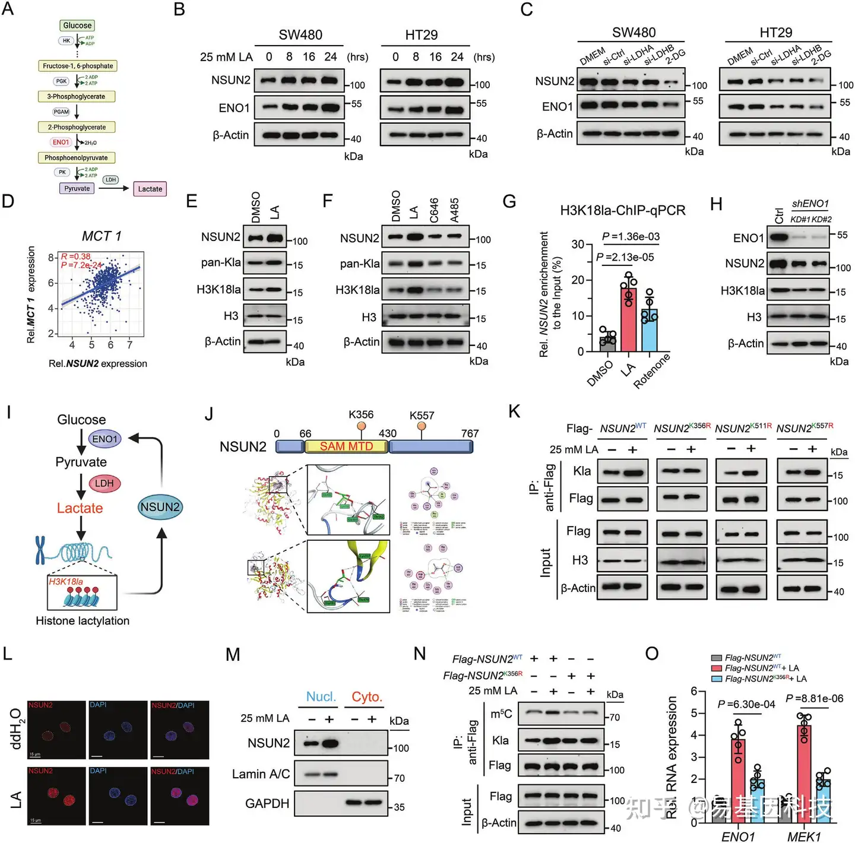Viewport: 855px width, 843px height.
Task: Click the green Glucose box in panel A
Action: pyautogui.click(x=77, y=26)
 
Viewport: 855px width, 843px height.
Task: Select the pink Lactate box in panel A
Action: pyautogui.click(x=150, y=189)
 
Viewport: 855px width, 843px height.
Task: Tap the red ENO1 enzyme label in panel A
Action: pyautogui.click(x=61, y=142)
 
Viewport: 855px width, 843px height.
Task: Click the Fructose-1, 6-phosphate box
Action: pyautogui.click(x=77, y=66)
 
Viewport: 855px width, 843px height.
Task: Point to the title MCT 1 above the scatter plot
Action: pyautogui.click(x=101, y=236)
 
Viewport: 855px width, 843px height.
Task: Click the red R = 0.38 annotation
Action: pyautogui.click(x=76, y=256)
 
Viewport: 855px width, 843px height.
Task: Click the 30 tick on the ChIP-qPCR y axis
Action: pyautogui.click(x=578, y=244)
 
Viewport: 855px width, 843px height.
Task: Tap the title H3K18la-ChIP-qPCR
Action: pyautogui.click(x=622, y=210)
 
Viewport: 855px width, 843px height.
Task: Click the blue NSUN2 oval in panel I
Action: pyautogui.click(x=160, y=507)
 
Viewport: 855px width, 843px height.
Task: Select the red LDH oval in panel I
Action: pyautogui.click(x=104, y=483)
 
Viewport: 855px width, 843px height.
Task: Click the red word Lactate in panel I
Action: pyautogui.click(x=80, y=508)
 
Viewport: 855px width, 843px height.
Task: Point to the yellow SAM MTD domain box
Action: pyautogui.click(x=346, y=446)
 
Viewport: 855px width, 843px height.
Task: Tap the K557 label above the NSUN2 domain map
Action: pyautogui.click(x=422, y=416)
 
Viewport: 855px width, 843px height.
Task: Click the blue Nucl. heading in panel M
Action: pyautogui.click(x=321, y=696)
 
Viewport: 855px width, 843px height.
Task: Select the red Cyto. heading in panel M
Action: pyautogui.click(x=366, y=696)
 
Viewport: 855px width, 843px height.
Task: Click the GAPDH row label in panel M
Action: pyautogui.click(x=267, y=803)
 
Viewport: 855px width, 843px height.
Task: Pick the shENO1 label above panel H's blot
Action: pyautogui.click(x=810, y=204)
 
